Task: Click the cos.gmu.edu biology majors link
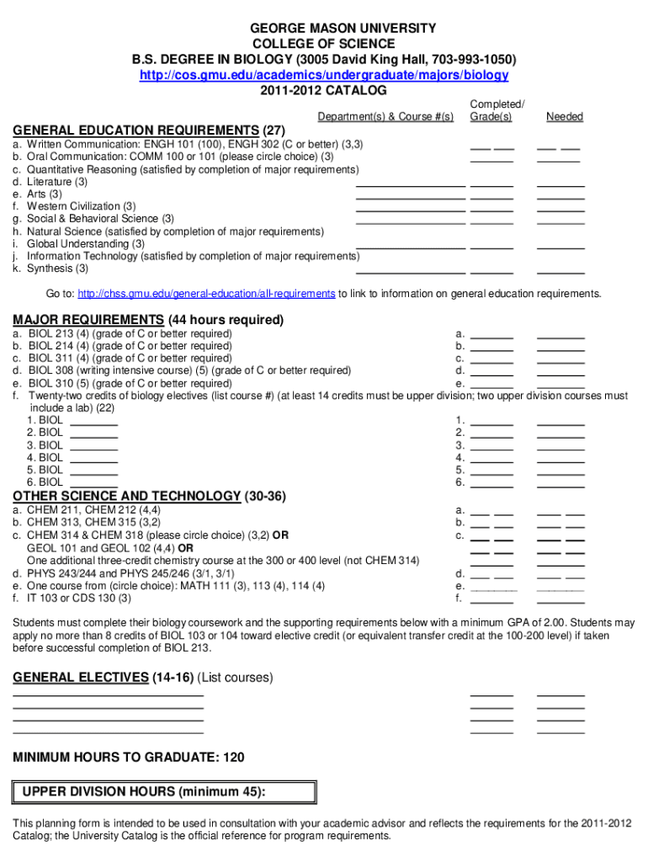pyautogui.click(x=323, y=75)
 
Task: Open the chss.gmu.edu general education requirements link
pyautogui.click(x=206, y=294)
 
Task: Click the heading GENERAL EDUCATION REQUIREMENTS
pyautogui.click(x=135, y=130)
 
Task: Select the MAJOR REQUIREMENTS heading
pyautogui.click(x=88, y=320)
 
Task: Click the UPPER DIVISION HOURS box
pyautogui.click(x=165, y=792)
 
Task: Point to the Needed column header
pyautogui.click(x=564, y=116)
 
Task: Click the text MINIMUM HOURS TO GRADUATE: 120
pyautogui.click(x=129, y=758)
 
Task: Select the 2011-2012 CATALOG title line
pyautogui.click(x=323, y=90)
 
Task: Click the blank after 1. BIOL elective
pyautogui.click(x=93, y=420)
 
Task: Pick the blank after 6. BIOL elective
pyautogui.click(x=93, y=482)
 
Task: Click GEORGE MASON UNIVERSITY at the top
pyautogui.click(x=324, y=29)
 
